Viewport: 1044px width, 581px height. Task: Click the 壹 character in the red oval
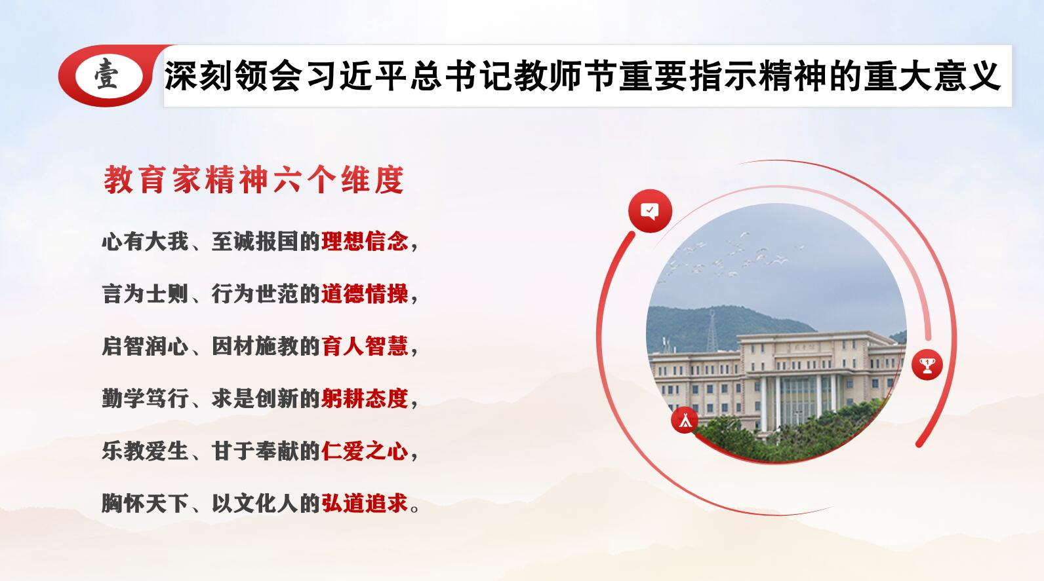tap(106, 75)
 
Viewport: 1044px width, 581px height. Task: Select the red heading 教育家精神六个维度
tap(254, 179)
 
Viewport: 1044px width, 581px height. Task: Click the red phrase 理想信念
tap(365, 241)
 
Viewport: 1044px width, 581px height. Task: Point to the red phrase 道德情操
tap(365, 293)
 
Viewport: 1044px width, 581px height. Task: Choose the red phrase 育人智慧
tap(365, 346)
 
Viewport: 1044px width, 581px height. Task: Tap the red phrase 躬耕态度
tap(365, 398)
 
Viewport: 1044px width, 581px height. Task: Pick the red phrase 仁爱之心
tap(365, 451)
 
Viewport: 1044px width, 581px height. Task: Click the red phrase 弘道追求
tap(365, 503)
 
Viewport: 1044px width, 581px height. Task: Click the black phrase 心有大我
tap(145, 241)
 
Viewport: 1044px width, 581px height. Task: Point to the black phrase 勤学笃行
tap(145, 398)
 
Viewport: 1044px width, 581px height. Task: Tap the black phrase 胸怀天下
tap(145, 503)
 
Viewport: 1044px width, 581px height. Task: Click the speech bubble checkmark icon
tap(650, 211)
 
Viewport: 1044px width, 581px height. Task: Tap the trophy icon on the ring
tap(927, 365)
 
